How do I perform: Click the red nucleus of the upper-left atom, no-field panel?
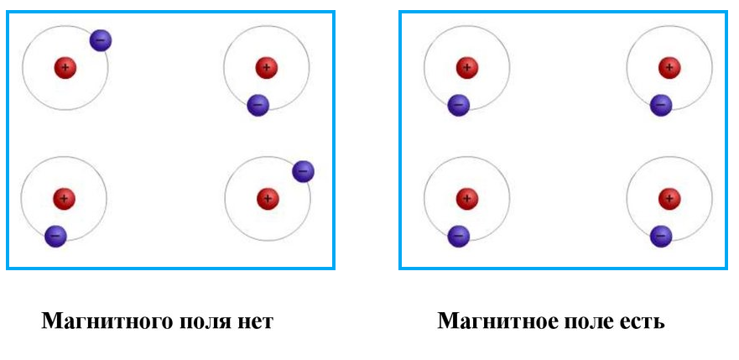[65, 68]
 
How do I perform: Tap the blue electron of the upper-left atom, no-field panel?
[100, 39]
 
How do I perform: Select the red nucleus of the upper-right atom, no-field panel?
[267, 68]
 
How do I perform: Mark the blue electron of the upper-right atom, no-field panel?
[258, 105]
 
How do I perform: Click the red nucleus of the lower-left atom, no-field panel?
[64, 199]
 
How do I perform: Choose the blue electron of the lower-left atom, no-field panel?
[55, 236]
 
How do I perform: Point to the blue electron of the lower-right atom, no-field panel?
[303, 171]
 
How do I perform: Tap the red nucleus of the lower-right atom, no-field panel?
[268, 199]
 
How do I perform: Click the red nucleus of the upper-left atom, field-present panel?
[467, 68]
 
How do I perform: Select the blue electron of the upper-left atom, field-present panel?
[458, 105]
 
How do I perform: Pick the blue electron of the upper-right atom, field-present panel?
[661, 105]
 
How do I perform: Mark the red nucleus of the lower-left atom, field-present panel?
[467, 199]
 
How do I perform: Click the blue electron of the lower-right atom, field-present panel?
[661, 236]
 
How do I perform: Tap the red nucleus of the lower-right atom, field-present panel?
[669, 199]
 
